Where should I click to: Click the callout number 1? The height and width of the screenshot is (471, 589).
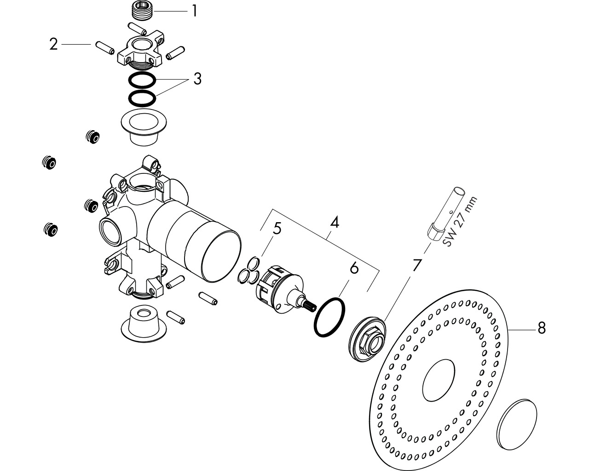click(195, 11)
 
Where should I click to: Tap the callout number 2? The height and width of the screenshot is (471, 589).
click(54, 44)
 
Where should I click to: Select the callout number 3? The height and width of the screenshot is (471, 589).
click(197, 79)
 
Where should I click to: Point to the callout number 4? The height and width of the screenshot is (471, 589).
click(335, 222)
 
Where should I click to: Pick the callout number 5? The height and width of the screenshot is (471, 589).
click(277, 228)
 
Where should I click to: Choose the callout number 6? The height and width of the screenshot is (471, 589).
click(354, 268)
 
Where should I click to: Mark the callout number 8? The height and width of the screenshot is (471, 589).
click(542, 328)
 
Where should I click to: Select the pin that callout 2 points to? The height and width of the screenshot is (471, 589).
click(105, 48)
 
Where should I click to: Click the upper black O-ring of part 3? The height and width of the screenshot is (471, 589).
click(142, 80)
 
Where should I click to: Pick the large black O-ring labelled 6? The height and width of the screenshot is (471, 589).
click(329, 317)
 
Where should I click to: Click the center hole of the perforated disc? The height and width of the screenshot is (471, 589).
click(439, 380)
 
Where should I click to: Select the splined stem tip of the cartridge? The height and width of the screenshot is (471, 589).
click(310, 304)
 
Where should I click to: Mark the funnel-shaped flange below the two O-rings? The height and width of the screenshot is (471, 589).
click(144, 127)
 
